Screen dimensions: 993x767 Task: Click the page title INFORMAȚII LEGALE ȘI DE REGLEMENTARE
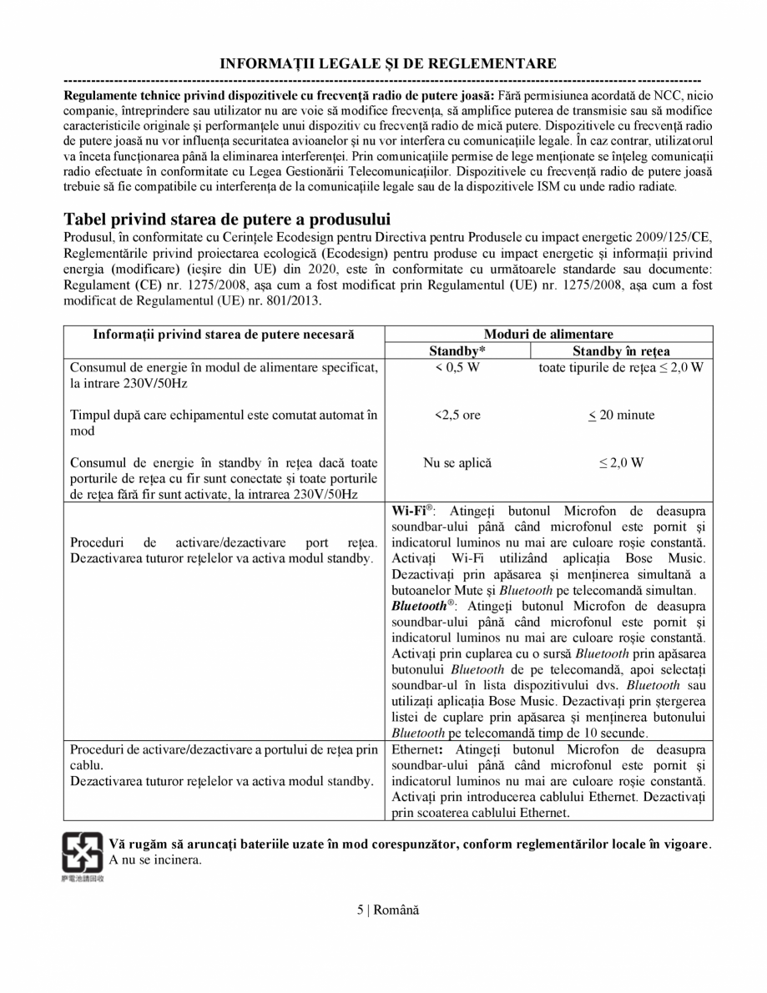click(x=388, y=63)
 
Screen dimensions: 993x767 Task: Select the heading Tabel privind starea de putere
click(x=227, y=219)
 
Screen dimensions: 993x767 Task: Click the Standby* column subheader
click(x=457, y=351)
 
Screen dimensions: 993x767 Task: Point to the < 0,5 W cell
click(x=457, y=368)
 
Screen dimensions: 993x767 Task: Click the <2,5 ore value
click(x=457, y=415)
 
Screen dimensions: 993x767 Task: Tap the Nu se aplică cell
click(x=457, y=462)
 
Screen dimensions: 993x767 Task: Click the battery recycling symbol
click(x=83, y=851)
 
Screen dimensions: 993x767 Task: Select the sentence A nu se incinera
click(x=155, y=859)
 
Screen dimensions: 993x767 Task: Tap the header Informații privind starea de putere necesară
click(x=224, y=334)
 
